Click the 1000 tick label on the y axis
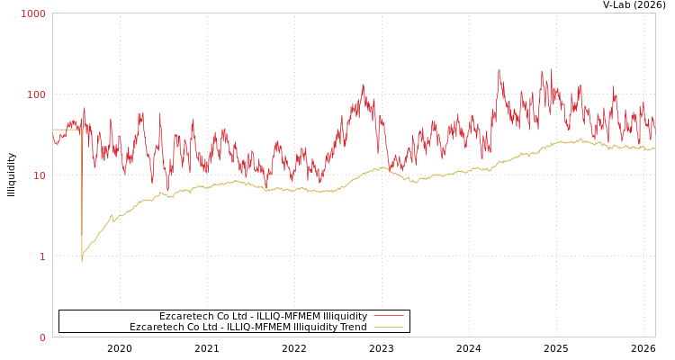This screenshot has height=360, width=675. pyautogui.click(x=33, y=13)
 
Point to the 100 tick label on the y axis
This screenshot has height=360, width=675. pyautogui.click(x=36, y=94)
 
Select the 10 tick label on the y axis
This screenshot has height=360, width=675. pyautogui.click(x=39, y=175)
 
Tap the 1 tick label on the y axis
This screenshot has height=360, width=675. pyautogui.click(x=41, y=256)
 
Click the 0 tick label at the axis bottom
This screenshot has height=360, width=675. pyautogui.click(x=41, y=337)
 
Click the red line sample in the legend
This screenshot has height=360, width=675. pyautogui.click(x=388, y=316)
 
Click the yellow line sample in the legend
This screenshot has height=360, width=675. pyautogui.click(x=388, y=327)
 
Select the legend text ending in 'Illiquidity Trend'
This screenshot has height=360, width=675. pyautogui.click(x=248, y=327)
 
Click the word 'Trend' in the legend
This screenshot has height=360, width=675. pyautogui.click(x=352, y=327)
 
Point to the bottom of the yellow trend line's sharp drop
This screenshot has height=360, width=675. pyautogui.click(x=82, y=261)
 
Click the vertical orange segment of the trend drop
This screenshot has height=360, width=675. pyautogui.click(x=82, y=198)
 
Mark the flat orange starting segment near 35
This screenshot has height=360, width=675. pyautogui.click(x=67, y=130)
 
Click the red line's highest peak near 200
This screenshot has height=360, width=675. pyautogui.click(x=499, y=71)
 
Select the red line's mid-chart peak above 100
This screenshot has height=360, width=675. pyautogui.click(x=363, y=85)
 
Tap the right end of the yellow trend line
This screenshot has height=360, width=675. pyautogui.click(x=654, y=148)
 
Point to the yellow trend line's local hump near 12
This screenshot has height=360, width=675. pyautogui.click(x=382, y=167)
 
